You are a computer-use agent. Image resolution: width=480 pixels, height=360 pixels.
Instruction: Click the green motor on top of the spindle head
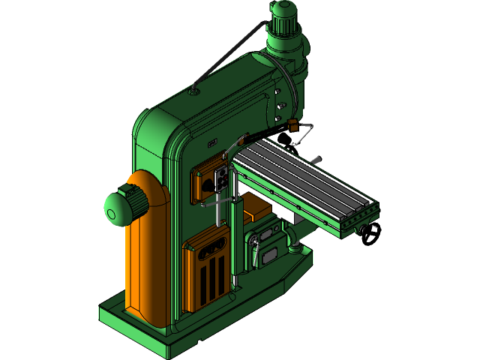coord(284,19)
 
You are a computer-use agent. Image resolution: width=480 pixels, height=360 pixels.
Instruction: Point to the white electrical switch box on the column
coord(222,178)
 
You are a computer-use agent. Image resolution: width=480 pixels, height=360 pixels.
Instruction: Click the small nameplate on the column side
coord(212,142)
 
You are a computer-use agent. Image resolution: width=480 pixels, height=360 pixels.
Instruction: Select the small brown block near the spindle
coord(293,121)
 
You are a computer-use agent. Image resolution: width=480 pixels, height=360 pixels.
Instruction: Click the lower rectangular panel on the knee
coord(267,253)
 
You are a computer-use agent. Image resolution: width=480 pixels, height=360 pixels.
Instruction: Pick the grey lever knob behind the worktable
coord(318,159)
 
